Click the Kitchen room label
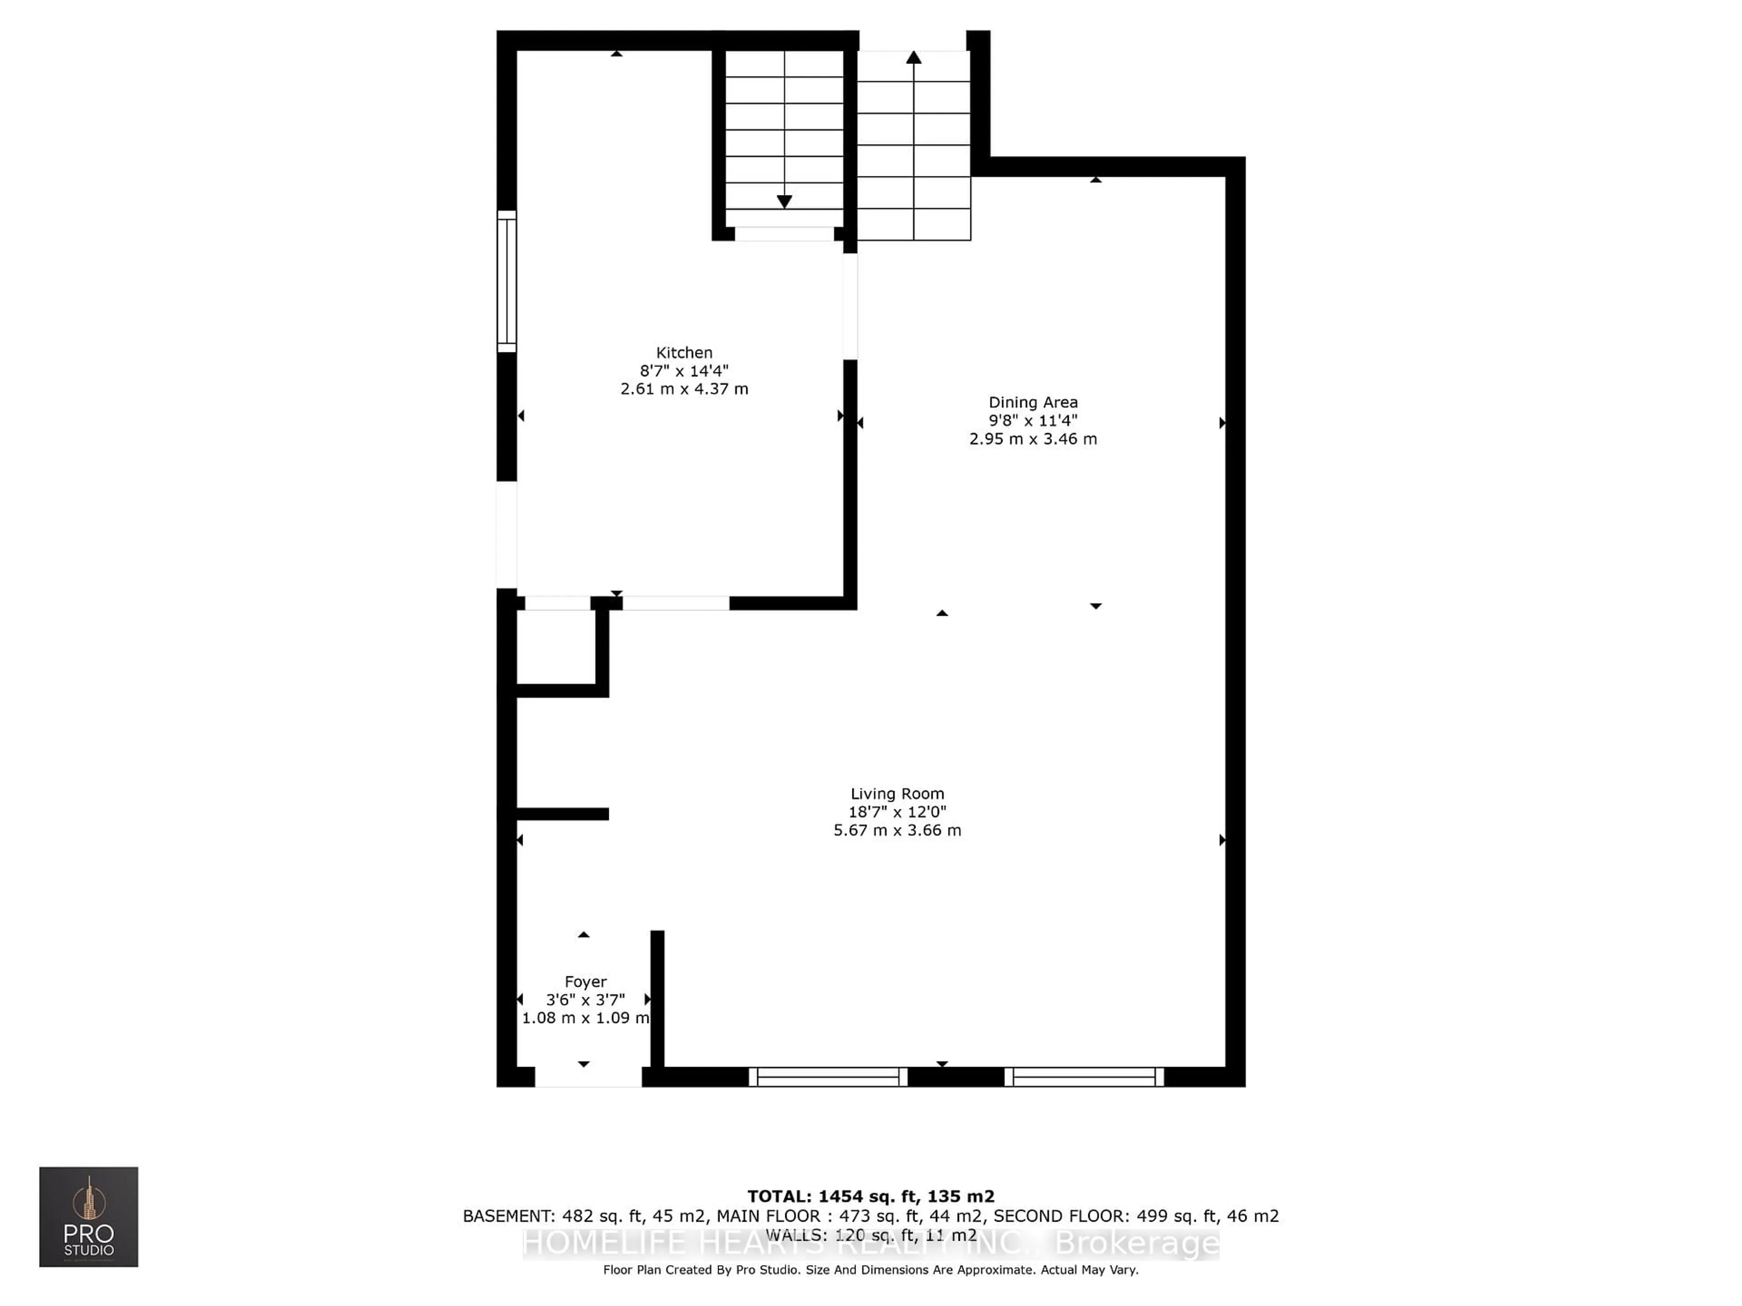[684, 353]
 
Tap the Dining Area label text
[1032, 402]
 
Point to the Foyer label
[585, 982]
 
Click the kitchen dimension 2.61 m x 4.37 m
[684, 389]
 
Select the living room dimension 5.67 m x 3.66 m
[897, 830]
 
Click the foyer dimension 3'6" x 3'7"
[585, 1000]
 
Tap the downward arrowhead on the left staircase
[783, 201]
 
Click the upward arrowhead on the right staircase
[914, 58]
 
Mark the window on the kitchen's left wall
[506, 282]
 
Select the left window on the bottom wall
[828, 1077]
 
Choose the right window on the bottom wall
[1084, 1077]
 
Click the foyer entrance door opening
[588, 1077]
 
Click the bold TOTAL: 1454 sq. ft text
[870, 1197]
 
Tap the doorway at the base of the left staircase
[783, 234]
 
